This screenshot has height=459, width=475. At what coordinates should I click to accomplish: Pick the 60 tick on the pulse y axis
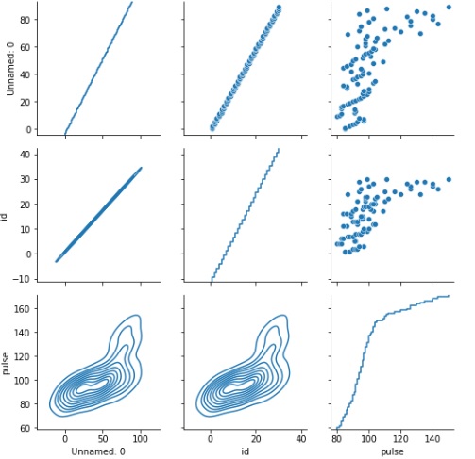pyautogui.click(x=31, y=430)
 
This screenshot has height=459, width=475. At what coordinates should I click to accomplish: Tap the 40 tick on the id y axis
pyautogui.click(x=30, y=155)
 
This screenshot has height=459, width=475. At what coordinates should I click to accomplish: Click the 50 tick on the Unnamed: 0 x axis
pyautogui.click(x=103, y=438)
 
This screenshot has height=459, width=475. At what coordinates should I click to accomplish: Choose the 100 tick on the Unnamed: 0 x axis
pyautogui.click(x=141, y=438)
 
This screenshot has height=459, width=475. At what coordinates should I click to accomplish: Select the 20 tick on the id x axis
pyautogui.click(x=256, y=438)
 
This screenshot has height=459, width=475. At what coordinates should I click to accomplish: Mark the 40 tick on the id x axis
pyautogui.click(x=301, y=438)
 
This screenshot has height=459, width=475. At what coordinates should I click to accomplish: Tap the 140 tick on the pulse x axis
pyautogui.click(x=433, y=438)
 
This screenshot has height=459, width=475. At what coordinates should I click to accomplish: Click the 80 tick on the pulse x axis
pyautogui.click(x=338, y=438)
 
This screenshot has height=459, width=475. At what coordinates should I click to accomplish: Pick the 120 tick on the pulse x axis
pyautogui.click(x=401, y=438)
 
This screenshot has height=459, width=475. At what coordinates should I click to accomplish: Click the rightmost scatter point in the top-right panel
pyautogui.click(x=449, y=8)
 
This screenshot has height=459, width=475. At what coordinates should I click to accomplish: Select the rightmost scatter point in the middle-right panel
pyautogui.click(x=449, y=178)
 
